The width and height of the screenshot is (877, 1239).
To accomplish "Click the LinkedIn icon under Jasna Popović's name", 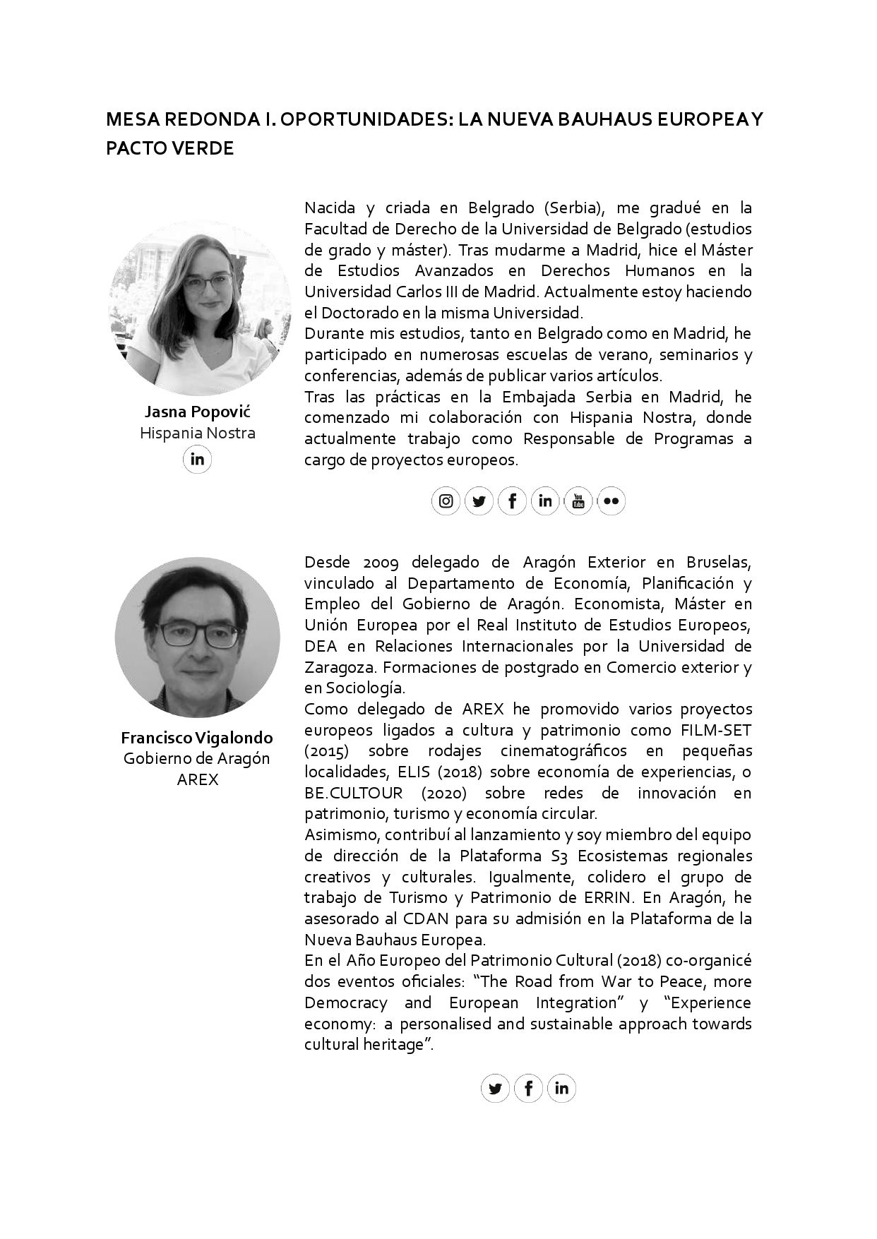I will (197, 460).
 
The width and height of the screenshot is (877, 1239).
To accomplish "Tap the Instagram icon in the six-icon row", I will (446, 501).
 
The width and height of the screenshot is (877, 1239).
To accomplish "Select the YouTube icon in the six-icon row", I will (578, 501).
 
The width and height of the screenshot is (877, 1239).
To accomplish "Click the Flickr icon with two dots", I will (611, 501).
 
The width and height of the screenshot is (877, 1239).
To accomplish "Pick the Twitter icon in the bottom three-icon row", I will (495, 1088).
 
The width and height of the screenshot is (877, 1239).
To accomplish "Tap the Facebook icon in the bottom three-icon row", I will (528, 1088).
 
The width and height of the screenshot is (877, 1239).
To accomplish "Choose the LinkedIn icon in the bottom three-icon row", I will (561, 1088).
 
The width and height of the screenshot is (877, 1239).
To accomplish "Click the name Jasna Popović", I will (197, 412).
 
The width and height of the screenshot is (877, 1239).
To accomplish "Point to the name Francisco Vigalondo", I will (197, 738).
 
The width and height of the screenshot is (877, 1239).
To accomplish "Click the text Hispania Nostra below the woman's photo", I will (197, 433).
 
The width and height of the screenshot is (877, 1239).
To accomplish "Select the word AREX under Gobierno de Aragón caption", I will (197, 779).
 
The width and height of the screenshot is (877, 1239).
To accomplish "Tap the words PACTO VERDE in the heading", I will (169, 149).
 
